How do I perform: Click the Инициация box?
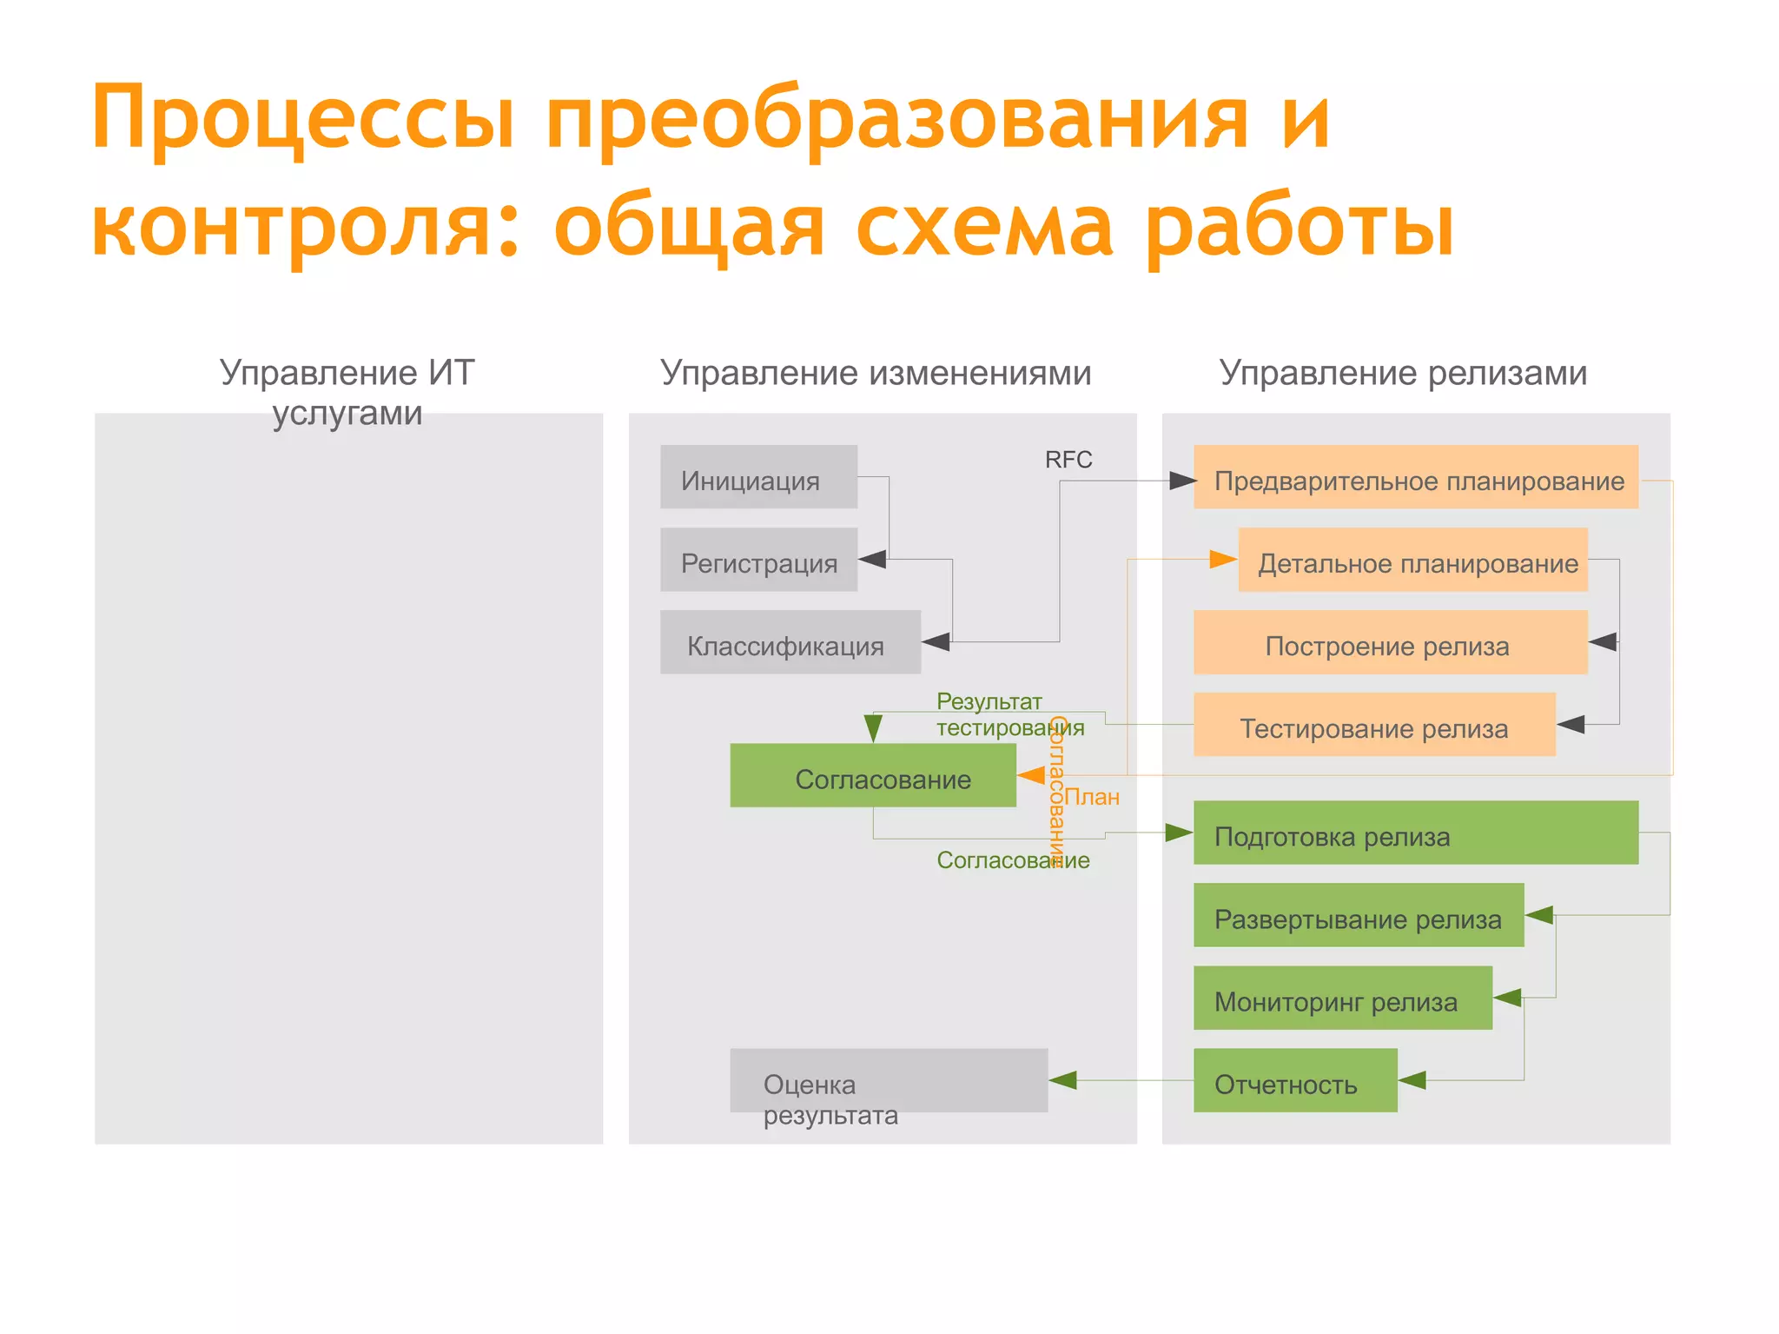[x=758, y=476]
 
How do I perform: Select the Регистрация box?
[x=758, y=560]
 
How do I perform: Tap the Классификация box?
[x=790, y=642]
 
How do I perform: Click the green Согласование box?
[x=872, y=775]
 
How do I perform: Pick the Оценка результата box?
[x=888, y=1080]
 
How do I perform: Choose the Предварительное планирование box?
[x=1415, y=477]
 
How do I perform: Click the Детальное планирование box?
[x=1412, y=560]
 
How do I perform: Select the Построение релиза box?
[x=1390, y=642]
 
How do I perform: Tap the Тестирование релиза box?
[x=1373, y=725]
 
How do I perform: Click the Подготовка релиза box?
[x=1415, y=833]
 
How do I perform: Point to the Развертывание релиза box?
[x=1358, y=915]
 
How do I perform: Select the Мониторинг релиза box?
[x=1342, y=998]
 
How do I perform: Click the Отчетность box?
[x=1294, y=1080]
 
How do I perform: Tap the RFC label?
[x=1068, y=460]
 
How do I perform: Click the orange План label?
[x=1092, y=797]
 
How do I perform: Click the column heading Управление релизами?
[x=1402, y=373]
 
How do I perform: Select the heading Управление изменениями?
[x=875, y=373]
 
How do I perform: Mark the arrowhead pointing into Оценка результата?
[x=1063, y=1080]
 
